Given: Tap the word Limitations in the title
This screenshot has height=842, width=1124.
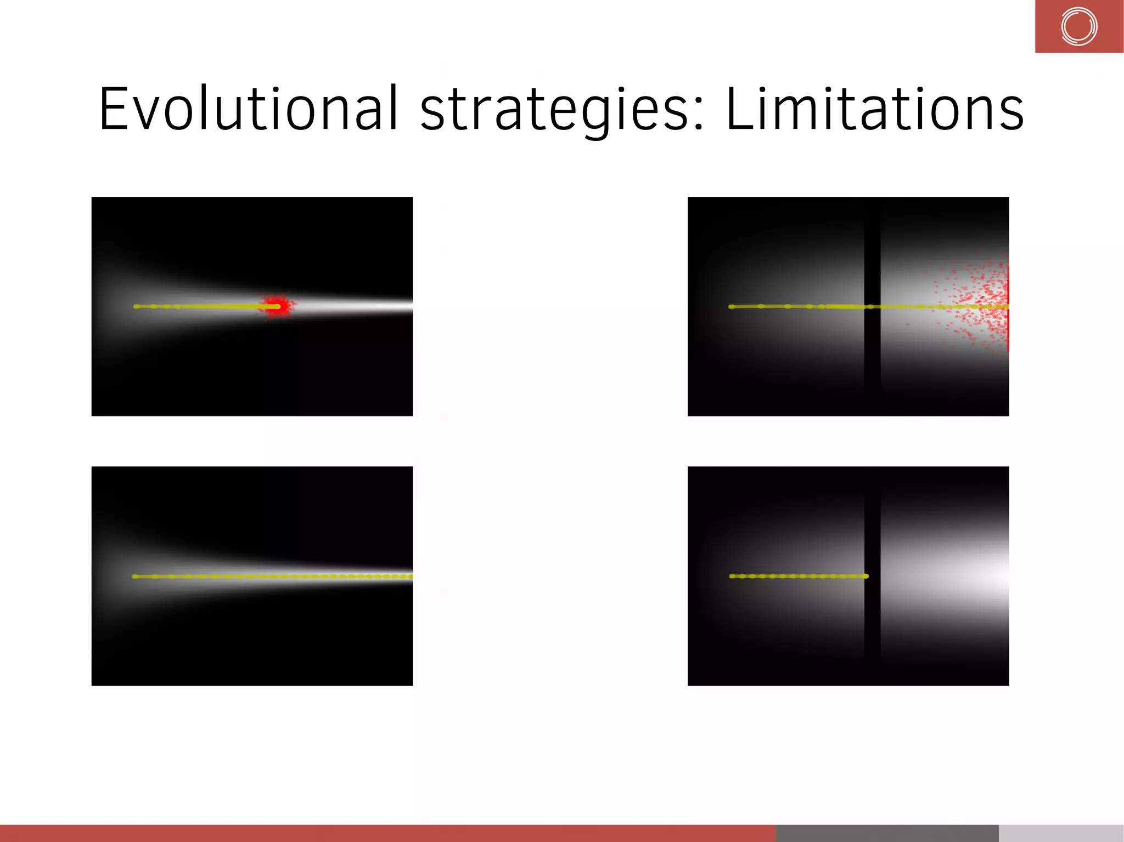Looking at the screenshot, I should click(x=874, y=110).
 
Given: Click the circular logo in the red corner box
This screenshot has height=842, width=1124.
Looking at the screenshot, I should click(x=1079, y=26).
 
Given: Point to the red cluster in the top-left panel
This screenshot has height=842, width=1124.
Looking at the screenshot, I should click(x=278, y=306).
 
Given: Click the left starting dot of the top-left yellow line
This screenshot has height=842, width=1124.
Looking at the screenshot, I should click(x=136, y=306).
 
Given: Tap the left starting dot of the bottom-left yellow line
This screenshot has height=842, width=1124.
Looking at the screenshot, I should click(x=135, y=576).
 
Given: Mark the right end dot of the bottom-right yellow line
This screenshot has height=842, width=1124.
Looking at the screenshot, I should click(x=866, y=576).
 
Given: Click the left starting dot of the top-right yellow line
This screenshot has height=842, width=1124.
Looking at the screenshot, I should click(x=731, y=307).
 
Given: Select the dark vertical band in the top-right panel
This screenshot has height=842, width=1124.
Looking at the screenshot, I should click(x=872, y=247).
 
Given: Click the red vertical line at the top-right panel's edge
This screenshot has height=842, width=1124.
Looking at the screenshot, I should click(x=1008, y=307).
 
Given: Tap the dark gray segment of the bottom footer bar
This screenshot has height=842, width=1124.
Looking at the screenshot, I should click(x=887, y=833).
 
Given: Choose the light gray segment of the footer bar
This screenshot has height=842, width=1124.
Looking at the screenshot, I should click(x=1061, y=833).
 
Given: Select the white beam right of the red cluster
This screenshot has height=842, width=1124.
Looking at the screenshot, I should click(x=357, y=306).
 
